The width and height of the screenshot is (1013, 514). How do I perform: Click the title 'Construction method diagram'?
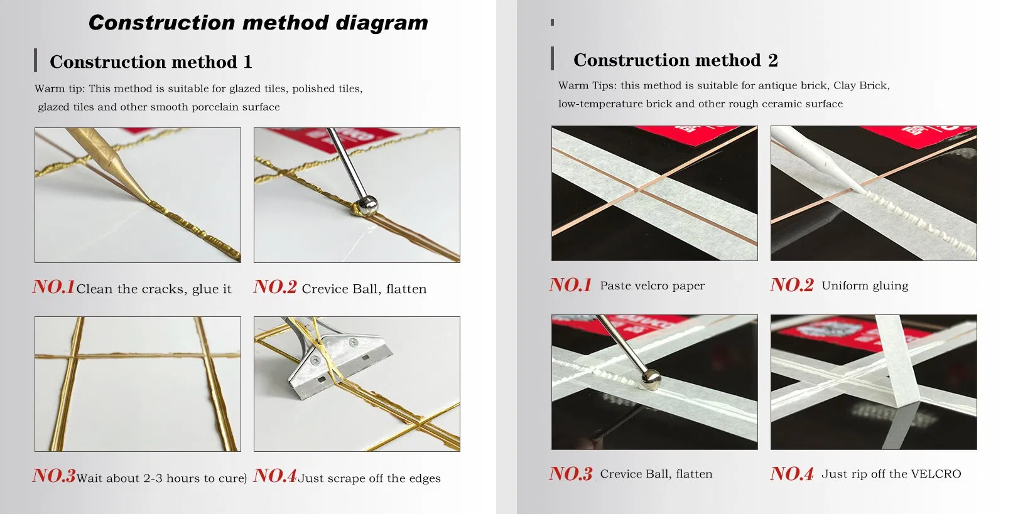coord(258,23)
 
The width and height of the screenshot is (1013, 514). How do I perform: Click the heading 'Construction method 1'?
coord(151,62)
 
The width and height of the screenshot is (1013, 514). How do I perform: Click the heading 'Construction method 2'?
coord(675,60)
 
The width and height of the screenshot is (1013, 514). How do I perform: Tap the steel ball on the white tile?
coord(367,205)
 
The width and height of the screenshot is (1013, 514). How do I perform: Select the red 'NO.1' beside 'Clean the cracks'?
coord(54,287)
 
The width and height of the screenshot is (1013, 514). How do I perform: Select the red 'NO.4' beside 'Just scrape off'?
coord(275,476)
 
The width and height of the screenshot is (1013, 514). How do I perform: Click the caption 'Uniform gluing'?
coord(865,286)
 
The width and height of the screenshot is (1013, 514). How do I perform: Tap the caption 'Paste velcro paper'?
coord(652,286)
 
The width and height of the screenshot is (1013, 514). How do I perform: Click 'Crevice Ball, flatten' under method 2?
coord(656,474)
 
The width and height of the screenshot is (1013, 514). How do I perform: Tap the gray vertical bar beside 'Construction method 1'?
coord(36,60)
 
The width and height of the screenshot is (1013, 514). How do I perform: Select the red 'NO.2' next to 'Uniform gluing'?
coord(791,285)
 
